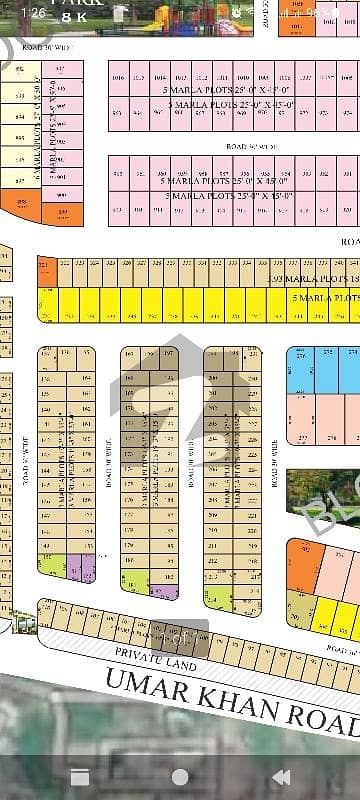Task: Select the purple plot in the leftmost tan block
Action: click(x=86, y=569)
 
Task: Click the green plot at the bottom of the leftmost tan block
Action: click(x=53, y=566)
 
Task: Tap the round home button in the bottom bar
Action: click(x=180, y=776)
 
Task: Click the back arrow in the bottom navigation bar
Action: click(x=282, y=776)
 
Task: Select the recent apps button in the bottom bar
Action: click(x=79, y=776)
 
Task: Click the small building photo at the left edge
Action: click(x=21, y=622)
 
